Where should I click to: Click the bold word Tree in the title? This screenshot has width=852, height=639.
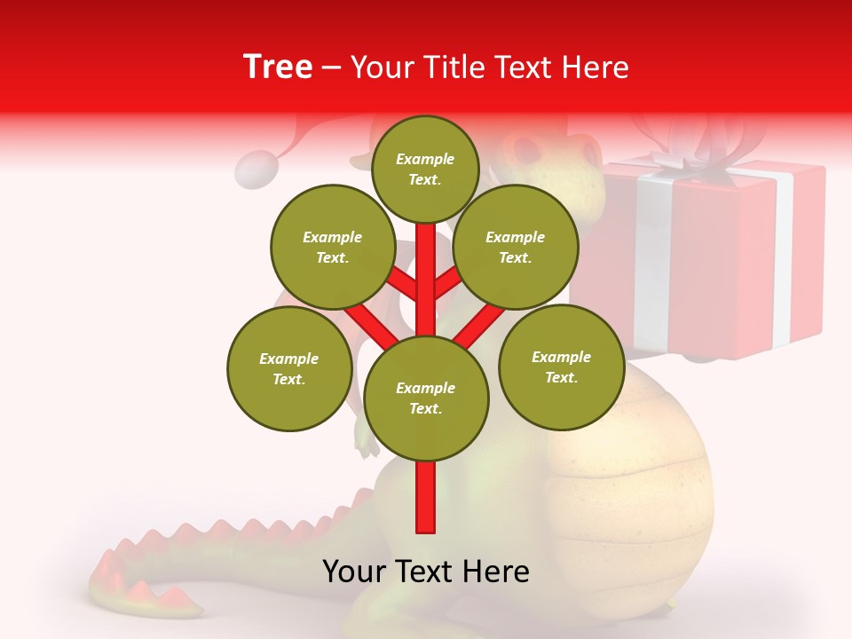(x=278, y=67)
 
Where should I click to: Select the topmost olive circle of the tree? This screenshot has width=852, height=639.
(x=425, y=169)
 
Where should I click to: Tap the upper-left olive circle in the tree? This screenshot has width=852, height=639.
(x=332, y=247)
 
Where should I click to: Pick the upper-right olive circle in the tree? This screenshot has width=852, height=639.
(x=515, y=247)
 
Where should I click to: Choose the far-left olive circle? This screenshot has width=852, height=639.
(x=288, y=368)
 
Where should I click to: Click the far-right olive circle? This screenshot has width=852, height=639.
(x=561, y=367)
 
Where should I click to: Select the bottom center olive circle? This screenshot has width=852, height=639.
(x=425, y=398)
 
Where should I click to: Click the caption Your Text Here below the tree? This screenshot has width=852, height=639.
(x=425, y=572)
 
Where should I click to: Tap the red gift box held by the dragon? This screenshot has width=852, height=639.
(x=710, y=257)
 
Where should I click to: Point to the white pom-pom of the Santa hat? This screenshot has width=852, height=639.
(x=258, y=169)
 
